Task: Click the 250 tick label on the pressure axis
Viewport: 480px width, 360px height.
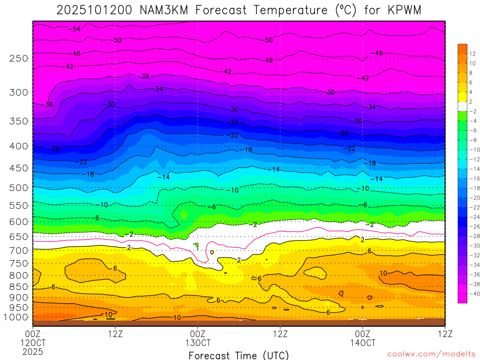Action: point(19,59)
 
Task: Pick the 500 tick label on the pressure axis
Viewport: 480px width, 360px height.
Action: point(19,188)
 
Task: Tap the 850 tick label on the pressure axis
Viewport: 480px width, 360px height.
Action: point(19,286)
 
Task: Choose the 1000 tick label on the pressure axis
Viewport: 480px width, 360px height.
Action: point(16,317)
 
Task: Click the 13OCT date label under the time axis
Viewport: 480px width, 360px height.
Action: point(198,343)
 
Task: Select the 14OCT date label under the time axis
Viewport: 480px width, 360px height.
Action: point(362,343)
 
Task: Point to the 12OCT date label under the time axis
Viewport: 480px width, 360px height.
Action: point(33,343)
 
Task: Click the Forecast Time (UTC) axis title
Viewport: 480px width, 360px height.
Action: point(239,355)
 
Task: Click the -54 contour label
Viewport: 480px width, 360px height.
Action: point(75,29)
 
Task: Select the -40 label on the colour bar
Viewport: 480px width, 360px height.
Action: point(474,293)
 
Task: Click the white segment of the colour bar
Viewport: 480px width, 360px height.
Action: point(462,106)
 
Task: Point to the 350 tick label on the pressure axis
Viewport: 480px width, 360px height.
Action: point(19,121)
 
